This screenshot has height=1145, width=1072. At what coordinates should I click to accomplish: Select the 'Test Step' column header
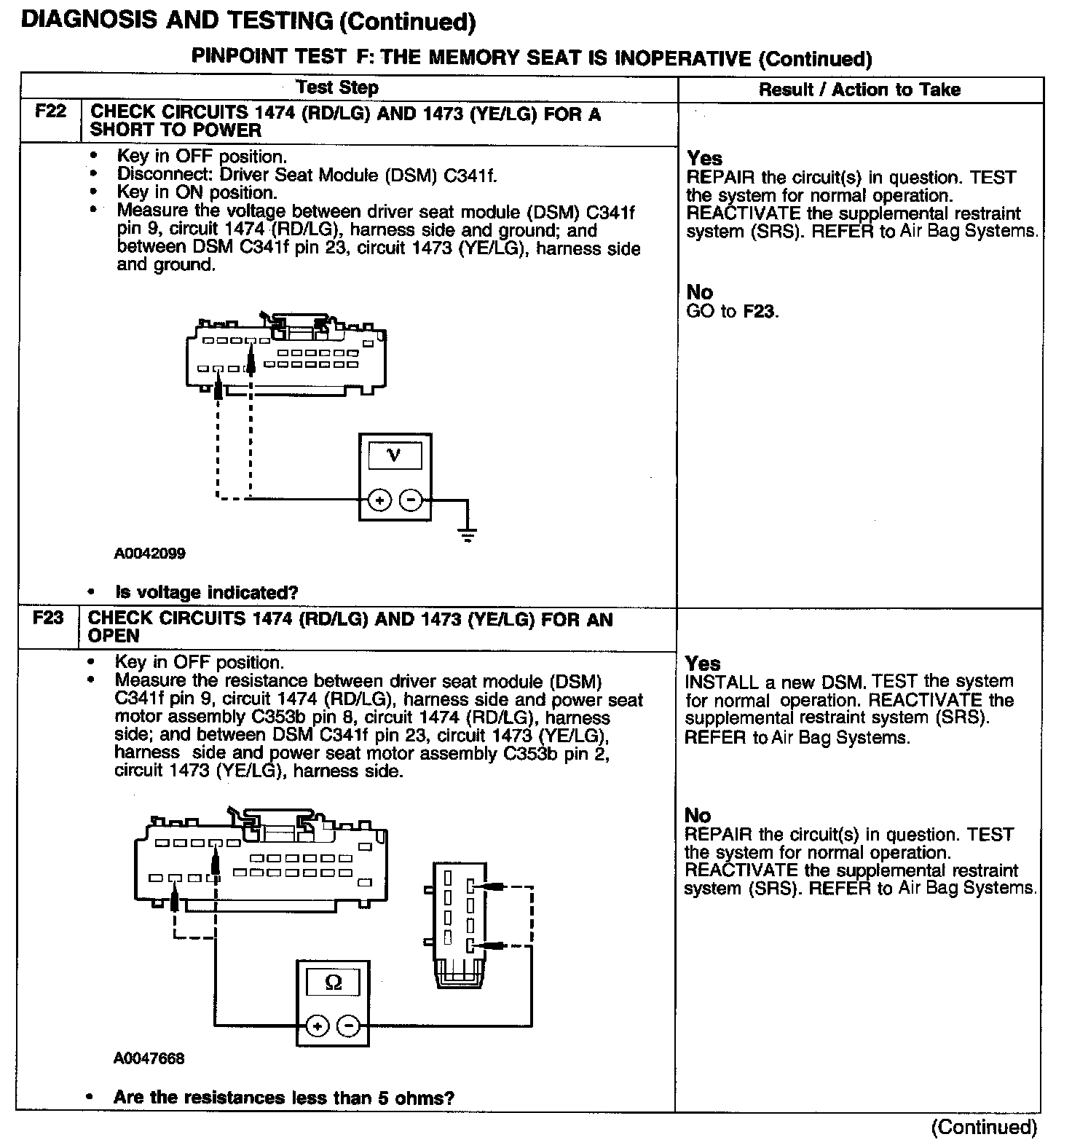[x=337, y=88]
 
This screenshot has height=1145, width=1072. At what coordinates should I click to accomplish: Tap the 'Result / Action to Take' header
[x=859, y=90]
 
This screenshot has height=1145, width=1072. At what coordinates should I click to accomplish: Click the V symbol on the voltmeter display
[x=395, y=455]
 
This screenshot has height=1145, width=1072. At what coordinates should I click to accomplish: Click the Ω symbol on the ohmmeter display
[x=333, y=983]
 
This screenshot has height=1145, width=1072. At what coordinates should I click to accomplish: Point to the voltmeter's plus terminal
[x=380, y=500]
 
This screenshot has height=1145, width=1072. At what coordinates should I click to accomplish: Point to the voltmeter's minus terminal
[x=411, y=500]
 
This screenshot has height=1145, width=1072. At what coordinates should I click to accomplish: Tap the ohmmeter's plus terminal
[x=317, y=1026]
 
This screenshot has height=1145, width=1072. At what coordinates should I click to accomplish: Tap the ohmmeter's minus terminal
[x=350, y=1026]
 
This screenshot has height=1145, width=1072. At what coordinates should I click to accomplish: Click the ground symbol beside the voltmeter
[x=468, y=536]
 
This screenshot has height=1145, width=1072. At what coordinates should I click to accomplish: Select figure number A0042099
[x=149, y=554]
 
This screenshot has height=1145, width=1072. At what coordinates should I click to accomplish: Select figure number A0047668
[x=149, y=1058]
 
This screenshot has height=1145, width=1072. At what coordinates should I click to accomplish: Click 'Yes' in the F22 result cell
[x=704, y=158]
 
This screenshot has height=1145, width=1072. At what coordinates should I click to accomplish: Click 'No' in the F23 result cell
[x=698, y=815]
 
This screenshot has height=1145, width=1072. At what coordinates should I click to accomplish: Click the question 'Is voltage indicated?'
[x=207, y=592]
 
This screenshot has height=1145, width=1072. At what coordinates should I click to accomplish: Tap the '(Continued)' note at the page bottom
[x=983, y=1127]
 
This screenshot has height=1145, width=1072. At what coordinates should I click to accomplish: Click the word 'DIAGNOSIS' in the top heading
[x=88, y=20]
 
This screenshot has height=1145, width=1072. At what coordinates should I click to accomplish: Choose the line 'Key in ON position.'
[x=197, y=193]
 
